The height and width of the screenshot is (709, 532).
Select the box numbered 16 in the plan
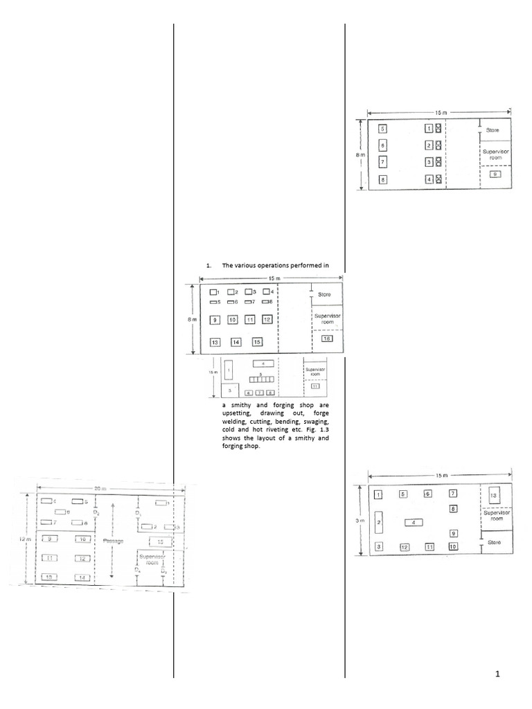point(326,338)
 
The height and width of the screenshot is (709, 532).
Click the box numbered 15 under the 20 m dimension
point(161,541)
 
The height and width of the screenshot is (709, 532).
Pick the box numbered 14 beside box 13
point(236,342)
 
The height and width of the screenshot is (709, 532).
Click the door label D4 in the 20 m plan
point(163,572)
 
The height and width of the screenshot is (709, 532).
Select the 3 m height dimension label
point(353,521)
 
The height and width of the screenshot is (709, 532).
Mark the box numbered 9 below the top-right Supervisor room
point(494,174)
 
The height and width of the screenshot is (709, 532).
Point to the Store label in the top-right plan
point(493,129)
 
